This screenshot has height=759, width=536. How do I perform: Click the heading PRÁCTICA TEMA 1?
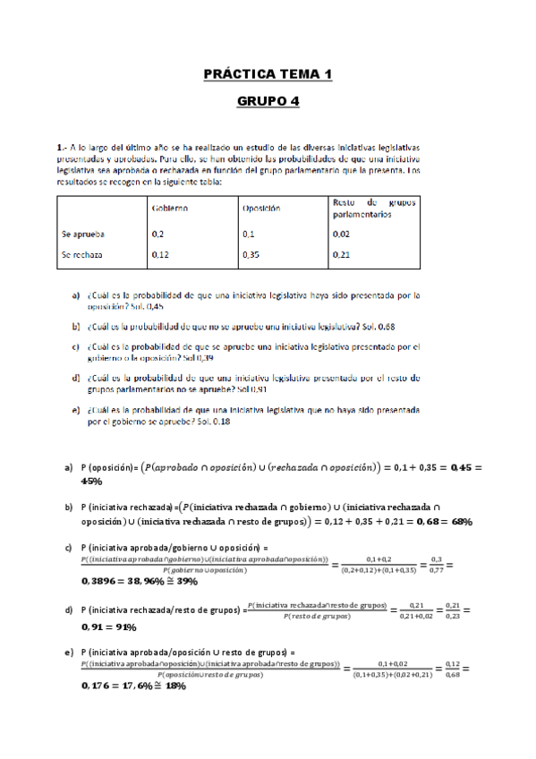click(x=268, y=74)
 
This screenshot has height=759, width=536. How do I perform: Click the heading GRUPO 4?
click(x=268, y=101)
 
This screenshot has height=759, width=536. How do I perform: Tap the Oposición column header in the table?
click(x=260, y=208)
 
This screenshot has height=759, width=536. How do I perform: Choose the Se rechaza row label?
click(x=82, y=254)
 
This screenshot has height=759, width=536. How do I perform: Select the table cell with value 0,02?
click(x=340, y=233)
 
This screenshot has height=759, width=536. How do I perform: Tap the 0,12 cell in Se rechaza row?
click(x=161, y=254)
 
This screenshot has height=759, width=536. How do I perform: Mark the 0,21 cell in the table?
click(x=340, y=254)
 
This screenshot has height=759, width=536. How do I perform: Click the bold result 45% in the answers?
click(x=91, y=481)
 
